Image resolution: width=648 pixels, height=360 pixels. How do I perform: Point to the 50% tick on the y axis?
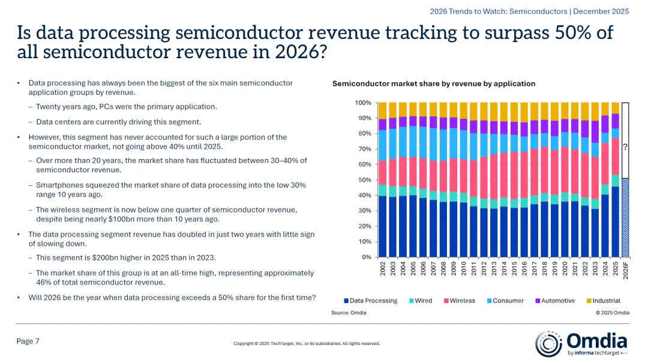(364, 180)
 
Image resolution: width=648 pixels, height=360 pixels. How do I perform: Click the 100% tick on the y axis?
(362, 103)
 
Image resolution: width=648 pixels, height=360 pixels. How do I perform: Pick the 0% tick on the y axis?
(365, 257)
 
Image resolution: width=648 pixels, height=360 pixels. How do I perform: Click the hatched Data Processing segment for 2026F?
(626, 219)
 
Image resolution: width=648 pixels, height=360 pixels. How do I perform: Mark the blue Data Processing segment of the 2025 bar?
(615, 222)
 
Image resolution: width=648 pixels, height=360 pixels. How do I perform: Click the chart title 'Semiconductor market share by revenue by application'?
(434, 83)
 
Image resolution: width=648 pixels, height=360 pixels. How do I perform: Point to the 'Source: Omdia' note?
(349, 313)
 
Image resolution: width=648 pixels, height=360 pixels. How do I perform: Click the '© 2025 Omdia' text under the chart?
(613, 313)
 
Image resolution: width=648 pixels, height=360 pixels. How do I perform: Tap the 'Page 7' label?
(28, 341)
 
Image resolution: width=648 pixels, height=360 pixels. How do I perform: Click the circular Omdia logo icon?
(548, 343)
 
